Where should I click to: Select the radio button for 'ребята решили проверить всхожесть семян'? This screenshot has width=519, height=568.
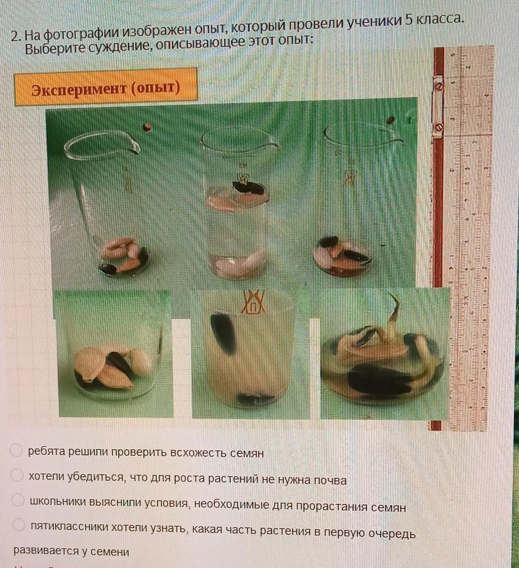click(x=16, y=450)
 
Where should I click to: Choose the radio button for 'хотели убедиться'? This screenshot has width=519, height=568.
click(x=17, y=475)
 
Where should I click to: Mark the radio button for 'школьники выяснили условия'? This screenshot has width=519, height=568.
click(x=18, y=500)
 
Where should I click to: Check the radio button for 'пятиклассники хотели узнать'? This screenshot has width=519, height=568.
click(x=19, y=524)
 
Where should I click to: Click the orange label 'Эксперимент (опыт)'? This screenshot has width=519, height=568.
click(x=106, y=87)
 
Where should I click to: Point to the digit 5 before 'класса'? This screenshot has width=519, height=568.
click(x=409, y=20)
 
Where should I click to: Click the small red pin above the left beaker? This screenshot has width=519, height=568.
click(x=147, y=127)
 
